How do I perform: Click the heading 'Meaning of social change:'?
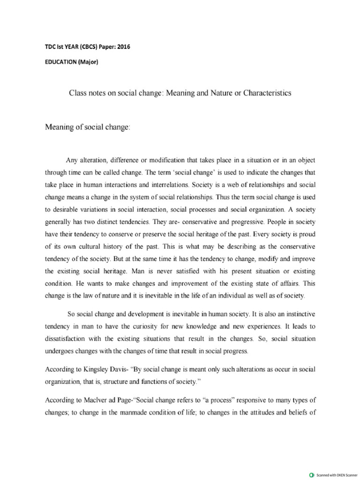87,127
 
